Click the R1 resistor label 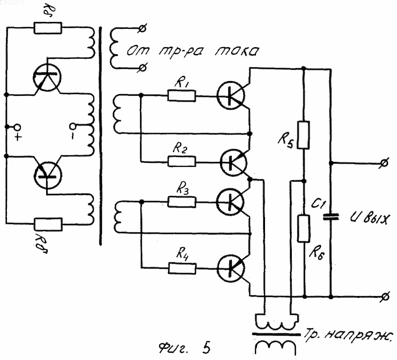tap(182, 83)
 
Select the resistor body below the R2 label tap(182, 161)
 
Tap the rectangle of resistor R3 tap(182, 202)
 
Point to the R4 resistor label tap(182, 253)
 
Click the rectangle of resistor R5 tap(303, 135)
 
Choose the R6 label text tap(317, 253)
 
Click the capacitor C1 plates tap(331, 217)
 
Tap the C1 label tap(317, 203)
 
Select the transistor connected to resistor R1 tap(231, 95)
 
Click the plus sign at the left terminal tap(18, 137)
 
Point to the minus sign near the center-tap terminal tap(72, 136)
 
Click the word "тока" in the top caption tap(237, 51)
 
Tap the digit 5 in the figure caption tap(206, 348)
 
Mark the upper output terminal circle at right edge tap(384, 163)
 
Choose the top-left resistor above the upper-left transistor tap(48, 28)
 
